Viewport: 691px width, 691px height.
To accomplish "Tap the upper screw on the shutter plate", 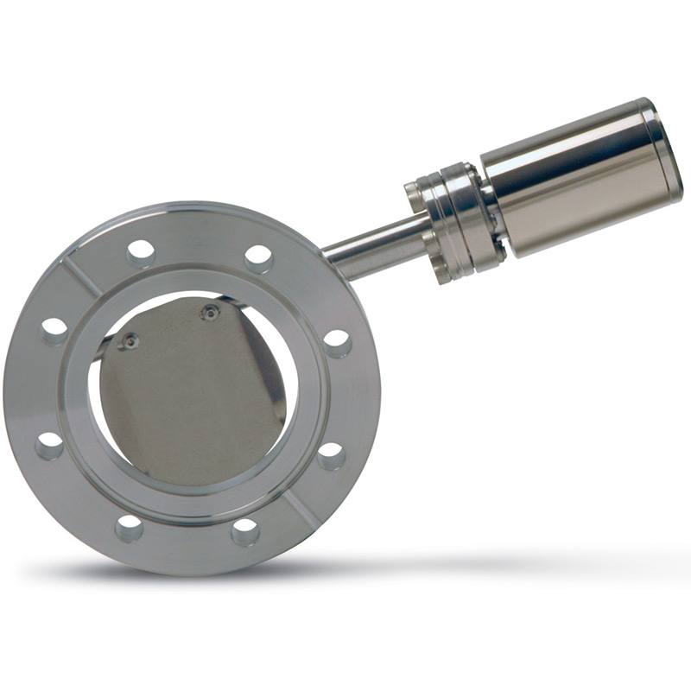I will (209, 313).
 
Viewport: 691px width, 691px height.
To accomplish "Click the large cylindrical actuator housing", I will (574, 177).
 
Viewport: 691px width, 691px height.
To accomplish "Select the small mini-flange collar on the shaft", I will (453, 220).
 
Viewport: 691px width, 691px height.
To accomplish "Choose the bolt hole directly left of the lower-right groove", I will (245, 531).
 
